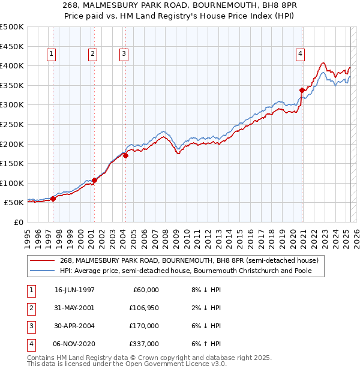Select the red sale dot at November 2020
click(302, 90)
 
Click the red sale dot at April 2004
click(126, 155)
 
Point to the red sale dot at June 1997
click(53, 199)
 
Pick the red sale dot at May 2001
click(95, 180)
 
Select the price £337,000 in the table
click(146, 344)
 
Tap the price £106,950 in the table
click(146, 308)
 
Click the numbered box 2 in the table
click(31, 308)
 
